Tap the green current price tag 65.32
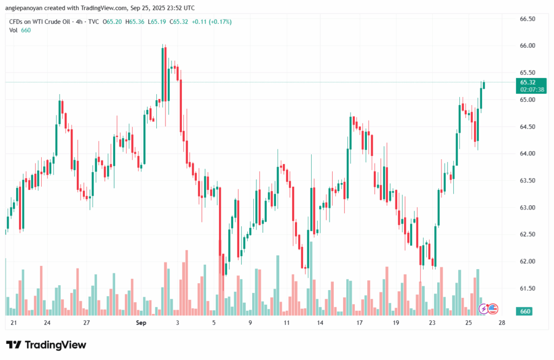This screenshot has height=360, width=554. [527, 82]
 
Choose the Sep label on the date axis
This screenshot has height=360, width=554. [141, 323]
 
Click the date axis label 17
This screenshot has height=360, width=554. [359, 323]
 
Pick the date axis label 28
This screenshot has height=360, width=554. [502, 323]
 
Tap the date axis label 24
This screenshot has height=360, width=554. [48, 323]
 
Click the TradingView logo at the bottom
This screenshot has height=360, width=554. [46, 345]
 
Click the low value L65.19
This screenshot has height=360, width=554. [157, 22]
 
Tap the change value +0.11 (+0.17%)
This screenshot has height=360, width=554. [212, 22]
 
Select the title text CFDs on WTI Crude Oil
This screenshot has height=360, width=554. [41, 22]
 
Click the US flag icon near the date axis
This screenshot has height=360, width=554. [492, 309]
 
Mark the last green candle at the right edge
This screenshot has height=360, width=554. [484, 85]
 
